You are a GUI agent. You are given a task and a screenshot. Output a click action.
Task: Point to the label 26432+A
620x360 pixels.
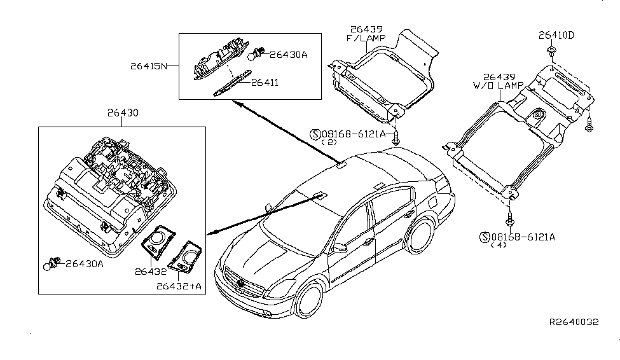(x=178, y=286)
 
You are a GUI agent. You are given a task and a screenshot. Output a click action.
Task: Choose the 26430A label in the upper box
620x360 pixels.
(x=288, y=55)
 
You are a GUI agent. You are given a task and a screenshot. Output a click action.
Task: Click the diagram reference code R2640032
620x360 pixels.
(x=575, y=322)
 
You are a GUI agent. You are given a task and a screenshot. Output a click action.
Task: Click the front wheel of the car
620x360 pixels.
(x=312, y=301)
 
